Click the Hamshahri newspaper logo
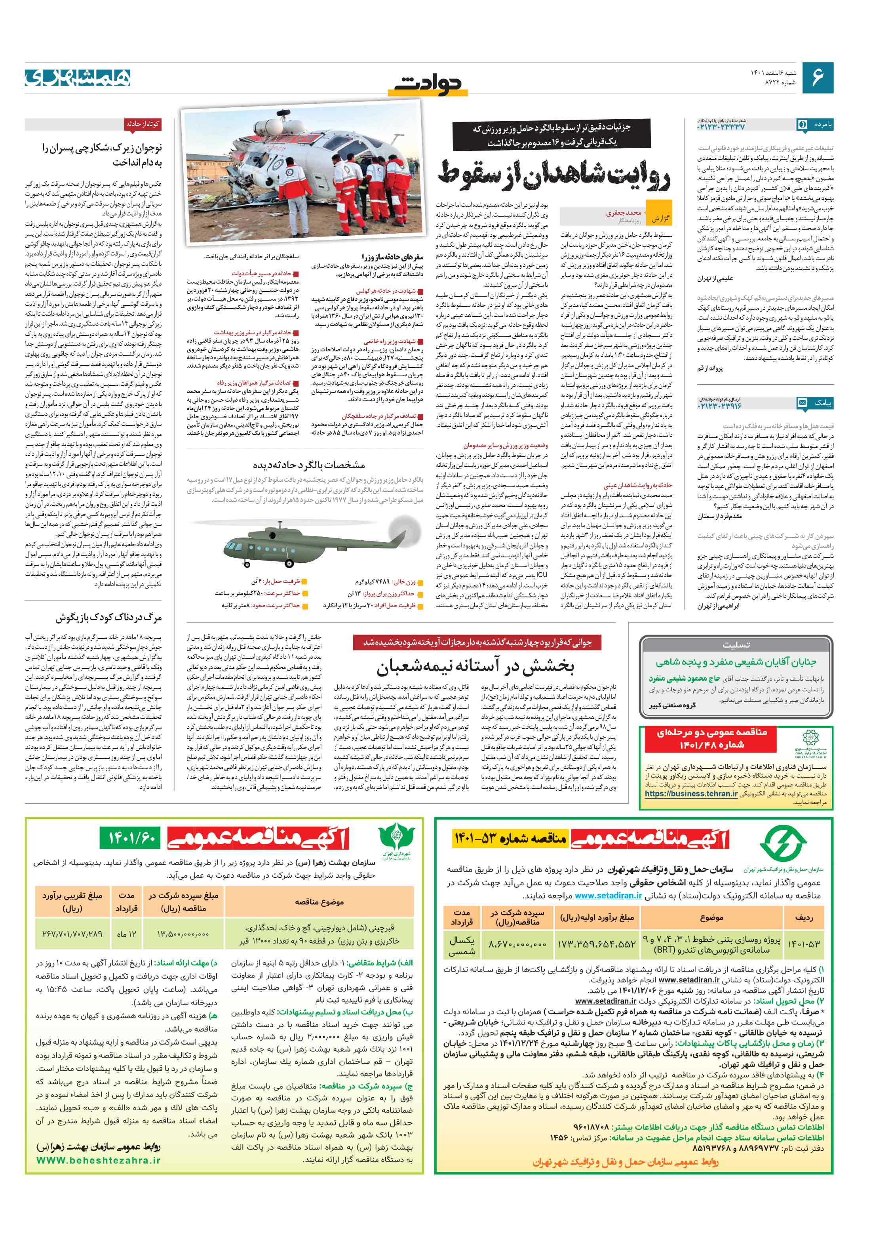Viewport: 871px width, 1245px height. click(x=78, y=78)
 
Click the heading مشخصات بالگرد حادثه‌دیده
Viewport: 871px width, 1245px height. click(x=308, y=465)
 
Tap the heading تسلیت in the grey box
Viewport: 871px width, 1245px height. click(x=736, y=645)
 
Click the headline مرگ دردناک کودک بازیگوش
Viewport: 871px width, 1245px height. click(x=108, y=618)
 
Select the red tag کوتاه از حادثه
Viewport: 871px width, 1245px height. click(x=142, y=124)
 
